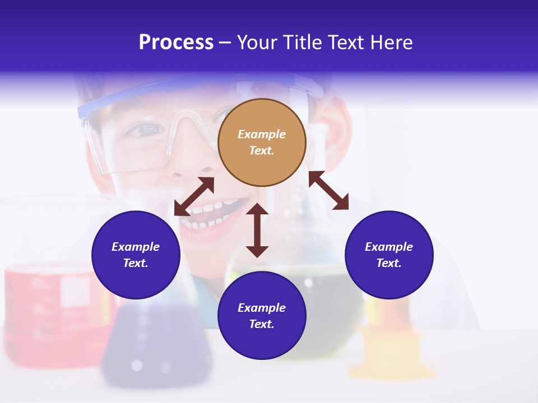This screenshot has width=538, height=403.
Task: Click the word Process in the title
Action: [x=176, y=43]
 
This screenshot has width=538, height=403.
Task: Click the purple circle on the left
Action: [x=136, y=255]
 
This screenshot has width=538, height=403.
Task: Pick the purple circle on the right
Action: [x=389, y=255]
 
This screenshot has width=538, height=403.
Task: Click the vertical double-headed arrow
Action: [x=257, y=230]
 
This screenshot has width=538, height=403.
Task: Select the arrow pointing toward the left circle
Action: [x=194, y=196]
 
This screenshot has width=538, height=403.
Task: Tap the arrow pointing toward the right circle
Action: [x=329, y=190]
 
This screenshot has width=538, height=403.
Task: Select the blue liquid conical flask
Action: [x=151, y=341]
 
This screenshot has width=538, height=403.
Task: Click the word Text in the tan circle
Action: [x=262, y=151]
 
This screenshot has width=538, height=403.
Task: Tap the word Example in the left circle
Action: [x=136, y=247]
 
